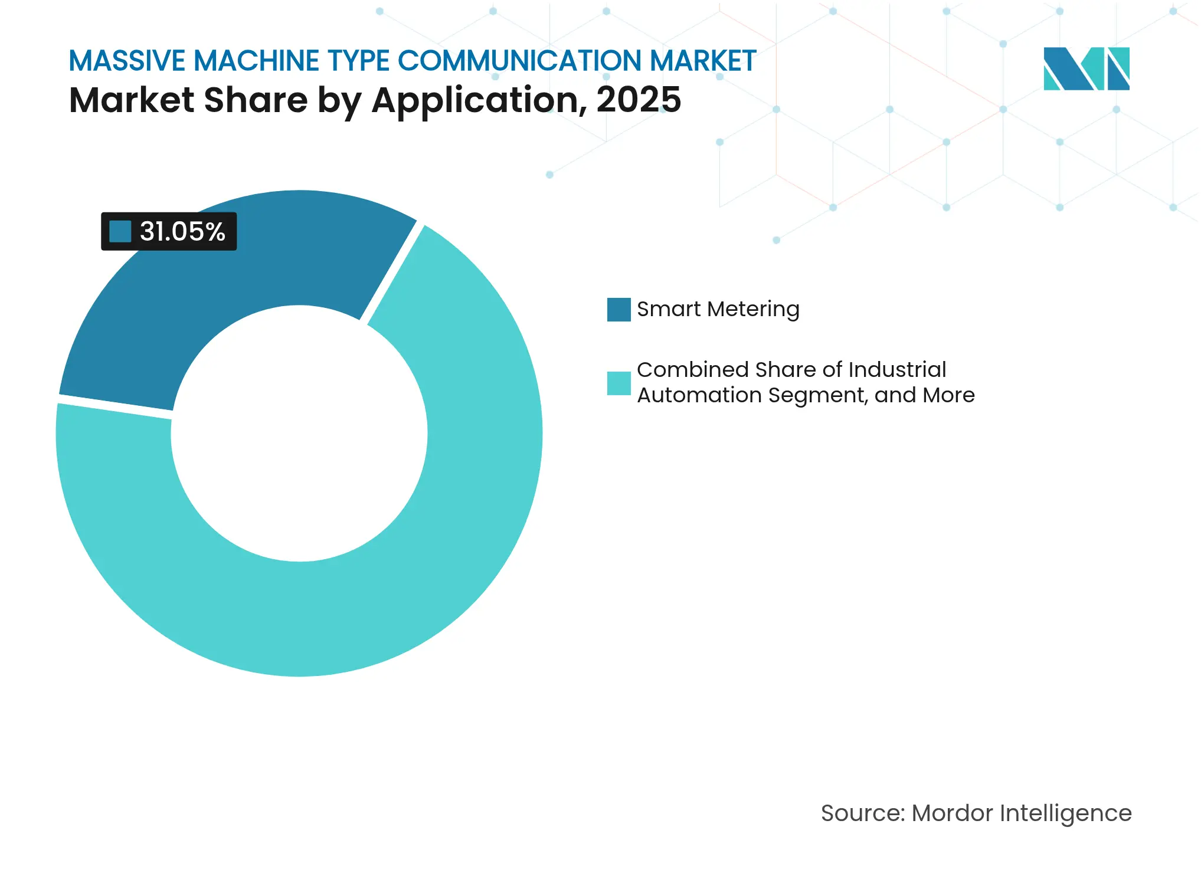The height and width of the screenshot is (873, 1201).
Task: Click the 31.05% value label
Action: coord(182,231)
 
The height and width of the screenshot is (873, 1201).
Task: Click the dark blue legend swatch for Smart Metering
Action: coord(619,310)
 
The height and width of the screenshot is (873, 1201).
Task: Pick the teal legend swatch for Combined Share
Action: coord(619,383)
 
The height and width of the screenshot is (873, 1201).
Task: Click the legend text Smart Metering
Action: coord(718,309)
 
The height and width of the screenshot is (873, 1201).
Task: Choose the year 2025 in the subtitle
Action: coord(639,100)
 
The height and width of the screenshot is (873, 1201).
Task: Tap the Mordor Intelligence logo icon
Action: coord(1086,69)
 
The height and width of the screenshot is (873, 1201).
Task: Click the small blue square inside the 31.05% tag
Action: coord(120,231)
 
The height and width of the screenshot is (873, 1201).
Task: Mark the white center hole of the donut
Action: coord(299,434)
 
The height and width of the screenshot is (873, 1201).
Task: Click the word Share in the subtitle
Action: coord(256,100)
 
